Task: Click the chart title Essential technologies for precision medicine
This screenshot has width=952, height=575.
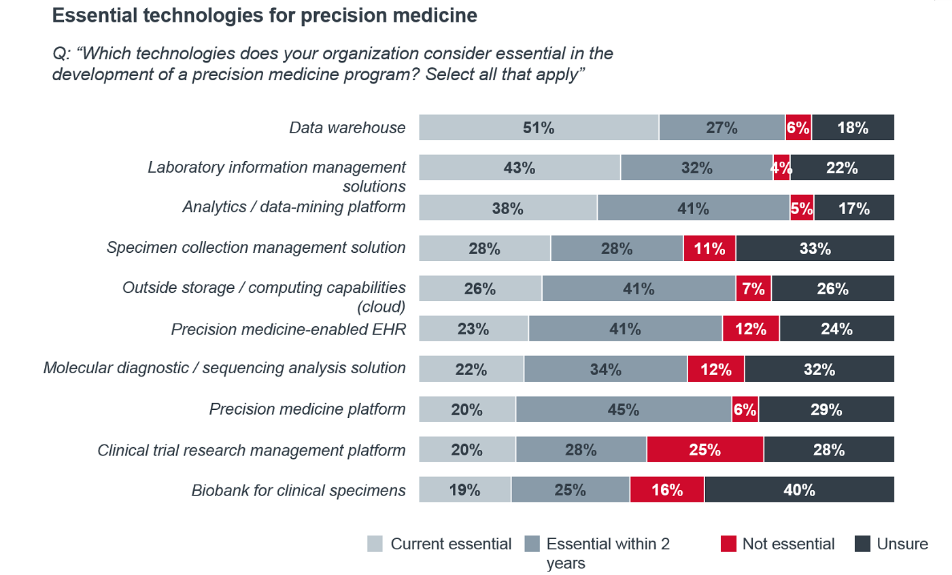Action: tap(265, 16)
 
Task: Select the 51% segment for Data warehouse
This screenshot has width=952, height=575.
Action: tap(539, 128)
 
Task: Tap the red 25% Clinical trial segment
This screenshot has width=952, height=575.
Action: tap(704, 449)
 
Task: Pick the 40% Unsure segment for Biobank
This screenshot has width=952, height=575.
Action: tap(799, 489)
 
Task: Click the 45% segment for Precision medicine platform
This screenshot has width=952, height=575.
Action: tap(623, 409)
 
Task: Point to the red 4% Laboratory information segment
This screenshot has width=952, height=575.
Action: tap(781, 168)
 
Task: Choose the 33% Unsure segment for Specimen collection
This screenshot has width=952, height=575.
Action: tap(815, 249)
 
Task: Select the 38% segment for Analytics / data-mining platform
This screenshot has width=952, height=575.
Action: tap(507, 208)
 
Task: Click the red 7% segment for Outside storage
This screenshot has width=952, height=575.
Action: tap(753, 289)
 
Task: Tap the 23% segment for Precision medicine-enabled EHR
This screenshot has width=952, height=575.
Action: tap(473, 329)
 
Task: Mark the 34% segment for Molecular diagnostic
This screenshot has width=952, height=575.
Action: tap(605, 369)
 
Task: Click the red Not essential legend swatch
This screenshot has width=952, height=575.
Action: tap(728, 544)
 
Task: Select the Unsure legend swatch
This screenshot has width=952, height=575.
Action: tap(862, 544)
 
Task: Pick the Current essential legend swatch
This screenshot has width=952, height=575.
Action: tap(375, 544)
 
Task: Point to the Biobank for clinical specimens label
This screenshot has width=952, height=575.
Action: tap(299, 489)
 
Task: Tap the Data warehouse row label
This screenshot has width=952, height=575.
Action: tap(347, 128)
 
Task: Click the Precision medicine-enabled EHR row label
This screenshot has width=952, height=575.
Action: tap(288, 329)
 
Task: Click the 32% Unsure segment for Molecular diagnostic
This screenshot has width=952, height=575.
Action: tap(819, 369)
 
